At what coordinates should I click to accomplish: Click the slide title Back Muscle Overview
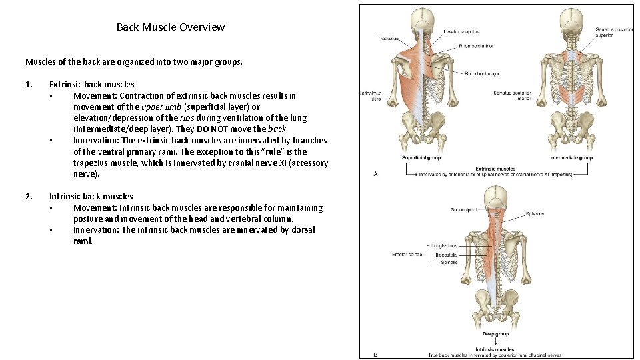pyautogui.click(x=170, y=27)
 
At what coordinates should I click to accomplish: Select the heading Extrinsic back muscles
pyautogui.click(x=91, y=84)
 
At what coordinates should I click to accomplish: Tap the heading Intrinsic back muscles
pyautogui.click(x=91, y=196)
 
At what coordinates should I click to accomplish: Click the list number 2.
pyautogui.click(x=28, y=196)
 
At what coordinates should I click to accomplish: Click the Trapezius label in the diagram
pyautogui.click(x=388, y=39)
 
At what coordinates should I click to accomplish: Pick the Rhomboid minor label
pyautogui.click(x=475, y=47)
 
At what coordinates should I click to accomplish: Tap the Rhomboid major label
pyautogui.click(x=481, y=73)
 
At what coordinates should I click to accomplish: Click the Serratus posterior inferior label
pyautogui.click(x=512, y=95)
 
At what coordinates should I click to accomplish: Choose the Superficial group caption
pyautogui.click(x=421, y=158)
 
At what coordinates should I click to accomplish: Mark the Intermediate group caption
pyautogui.click(x=571, y=158)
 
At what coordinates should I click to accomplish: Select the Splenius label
pyautogui.click(x=535, y=214)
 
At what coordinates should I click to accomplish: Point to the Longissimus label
pyautogui.click(x=444, y=246)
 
